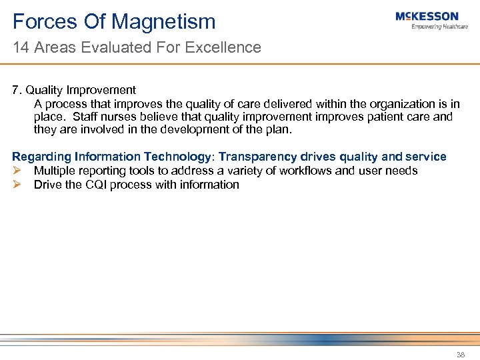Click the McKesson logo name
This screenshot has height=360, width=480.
pyautogui.click(x=427, y=16)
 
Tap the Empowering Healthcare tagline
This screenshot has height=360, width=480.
pyautogui.click(x=439, y=27)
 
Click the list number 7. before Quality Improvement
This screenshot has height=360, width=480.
pyautogui.click(x=17, y=90)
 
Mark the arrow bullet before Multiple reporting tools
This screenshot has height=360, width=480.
pyautogui.click(x=18, y=171)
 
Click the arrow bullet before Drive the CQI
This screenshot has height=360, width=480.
pyautogui.click(x=18, y=185)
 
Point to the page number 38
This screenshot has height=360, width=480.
pyautogui.click(x=460, y=354)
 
